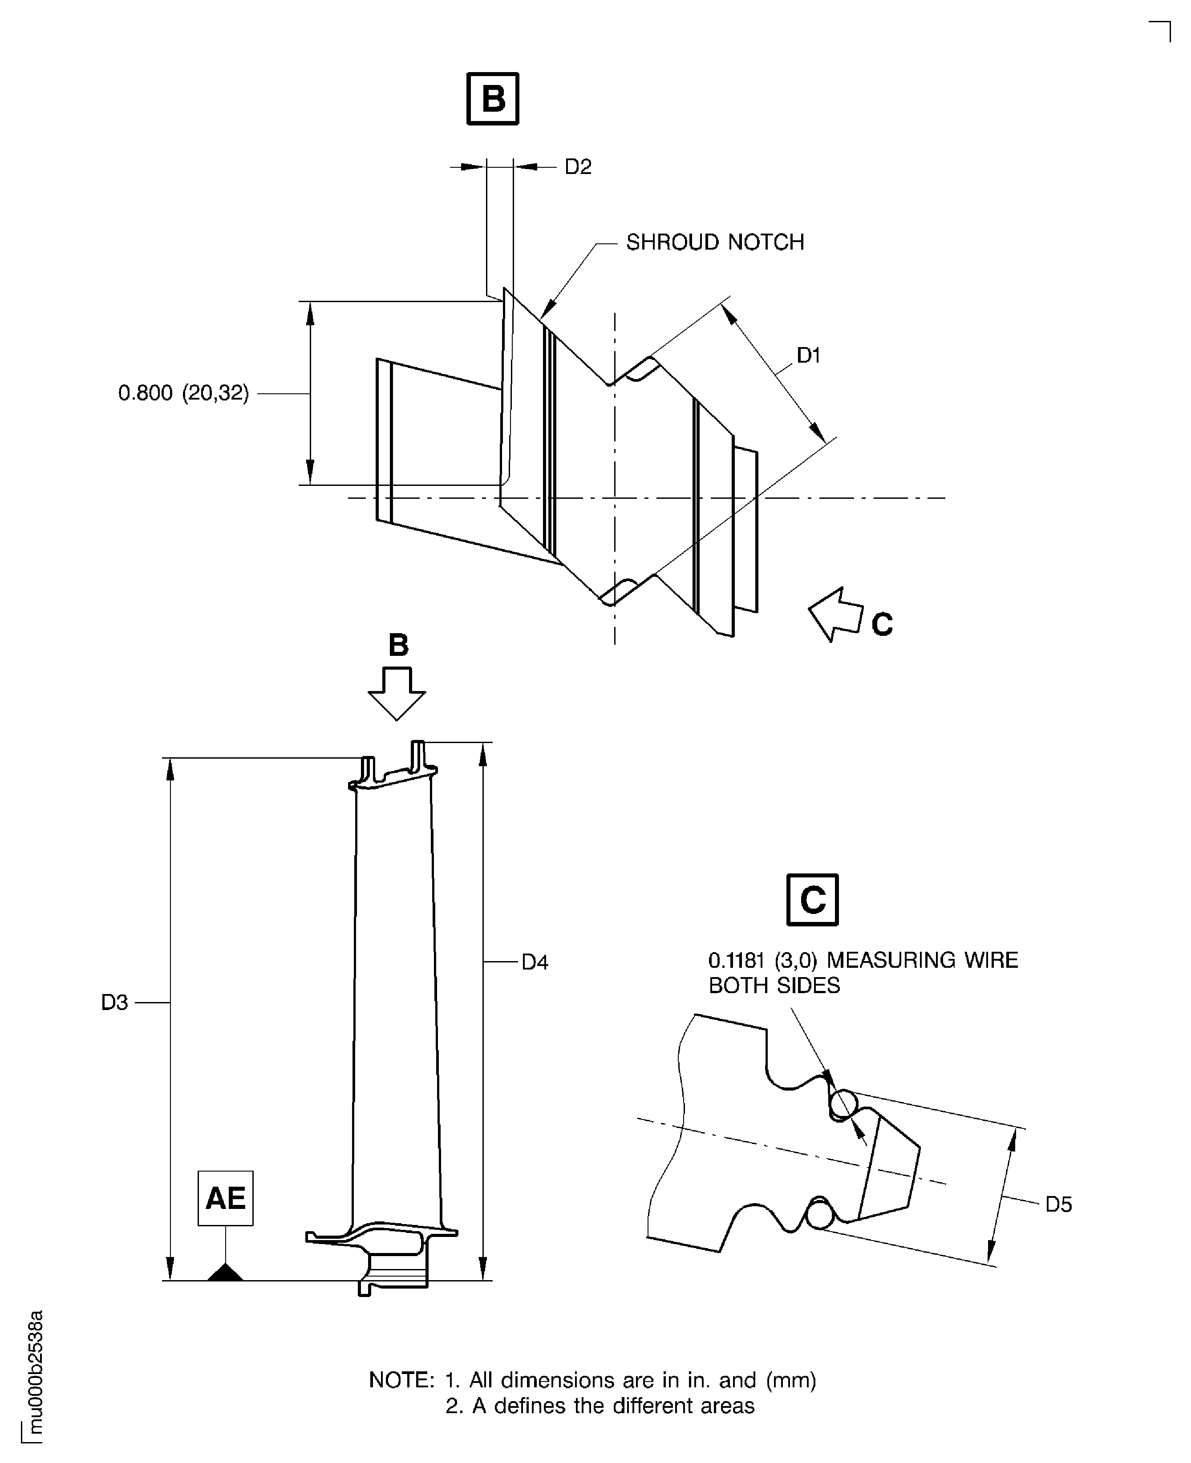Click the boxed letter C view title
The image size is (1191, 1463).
click(x=812, y=900)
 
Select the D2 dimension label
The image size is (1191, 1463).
click(x=578, y=167)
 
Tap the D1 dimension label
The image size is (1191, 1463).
click(x=808, y=355)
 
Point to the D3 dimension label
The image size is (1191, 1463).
click(x=114, y=1003)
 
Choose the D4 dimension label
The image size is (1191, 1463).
click(x=535, y=962)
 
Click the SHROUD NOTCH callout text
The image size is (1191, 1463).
click(x=715, y=242)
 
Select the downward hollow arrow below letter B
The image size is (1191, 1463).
click(x=397, y=693)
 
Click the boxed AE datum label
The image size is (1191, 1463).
click(x=226, y=1198)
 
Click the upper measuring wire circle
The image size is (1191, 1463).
click(x=843, y=1105)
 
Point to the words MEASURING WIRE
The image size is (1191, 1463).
click(x=922, y=960)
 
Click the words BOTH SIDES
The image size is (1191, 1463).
click(x=774, y=986)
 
